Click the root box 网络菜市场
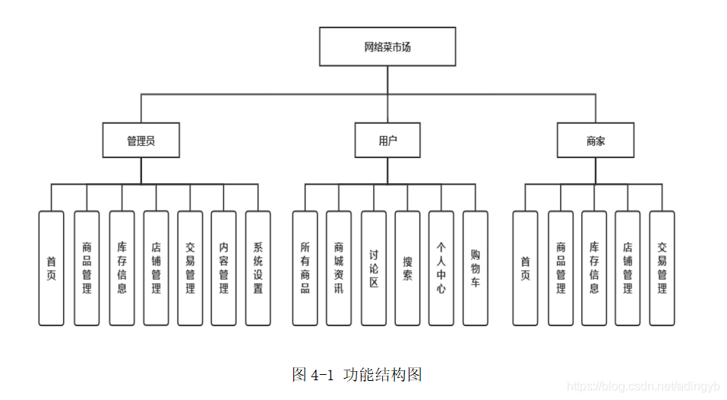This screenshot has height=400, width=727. (387, 47)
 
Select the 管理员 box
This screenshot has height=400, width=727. (141, 141)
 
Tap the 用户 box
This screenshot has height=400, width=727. (387, 141)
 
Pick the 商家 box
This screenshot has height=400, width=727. (596, 141)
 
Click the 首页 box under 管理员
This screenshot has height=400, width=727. (52, 268)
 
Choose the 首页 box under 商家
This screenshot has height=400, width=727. (525, 268)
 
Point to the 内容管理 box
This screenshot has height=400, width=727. (223, 268)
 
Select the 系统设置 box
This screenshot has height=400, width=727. (258, 268)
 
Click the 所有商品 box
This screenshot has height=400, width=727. (305, 268)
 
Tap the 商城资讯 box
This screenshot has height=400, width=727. (339, 268)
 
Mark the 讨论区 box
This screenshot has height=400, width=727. (373, 268)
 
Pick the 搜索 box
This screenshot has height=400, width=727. (407, 268)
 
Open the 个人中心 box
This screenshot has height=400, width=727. (441, 268)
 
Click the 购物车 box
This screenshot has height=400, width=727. (476, 268)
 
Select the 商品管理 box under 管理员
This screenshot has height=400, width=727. (87, 268)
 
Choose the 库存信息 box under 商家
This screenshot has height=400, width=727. (594, 268)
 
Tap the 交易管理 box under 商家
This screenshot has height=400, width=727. (662, 268)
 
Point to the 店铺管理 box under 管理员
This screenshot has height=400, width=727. (156, 268)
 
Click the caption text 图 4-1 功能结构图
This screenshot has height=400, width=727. (356, 374)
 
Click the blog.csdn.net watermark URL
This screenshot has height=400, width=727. (643, 388)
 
